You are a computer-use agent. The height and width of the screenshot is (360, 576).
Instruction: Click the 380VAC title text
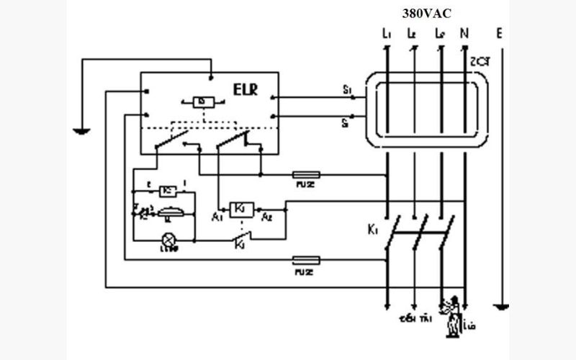tap(426, 13)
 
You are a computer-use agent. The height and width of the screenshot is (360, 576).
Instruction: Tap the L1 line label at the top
tap(386, 33)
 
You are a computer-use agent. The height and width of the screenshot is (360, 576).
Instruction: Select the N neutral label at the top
tap(464, 33)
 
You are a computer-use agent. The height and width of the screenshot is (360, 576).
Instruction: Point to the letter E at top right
tap(500, 33)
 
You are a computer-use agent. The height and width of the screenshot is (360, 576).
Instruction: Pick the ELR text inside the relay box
tap(245, 90)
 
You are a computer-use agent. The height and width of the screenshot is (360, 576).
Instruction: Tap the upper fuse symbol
tap(306, 174)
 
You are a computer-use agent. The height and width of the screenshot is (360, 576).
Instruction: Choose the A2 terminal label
tap(267, 215)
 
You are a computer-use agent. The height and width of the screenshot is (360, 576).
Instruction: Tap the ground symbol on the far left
tap(82, 131)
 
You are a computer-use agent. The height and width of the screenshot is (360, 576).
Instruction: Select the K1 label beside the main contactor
tap(372, 230)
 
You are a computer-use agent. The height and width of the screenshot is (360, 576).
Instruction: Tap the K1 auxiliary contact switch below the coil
tap(239, 238)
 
